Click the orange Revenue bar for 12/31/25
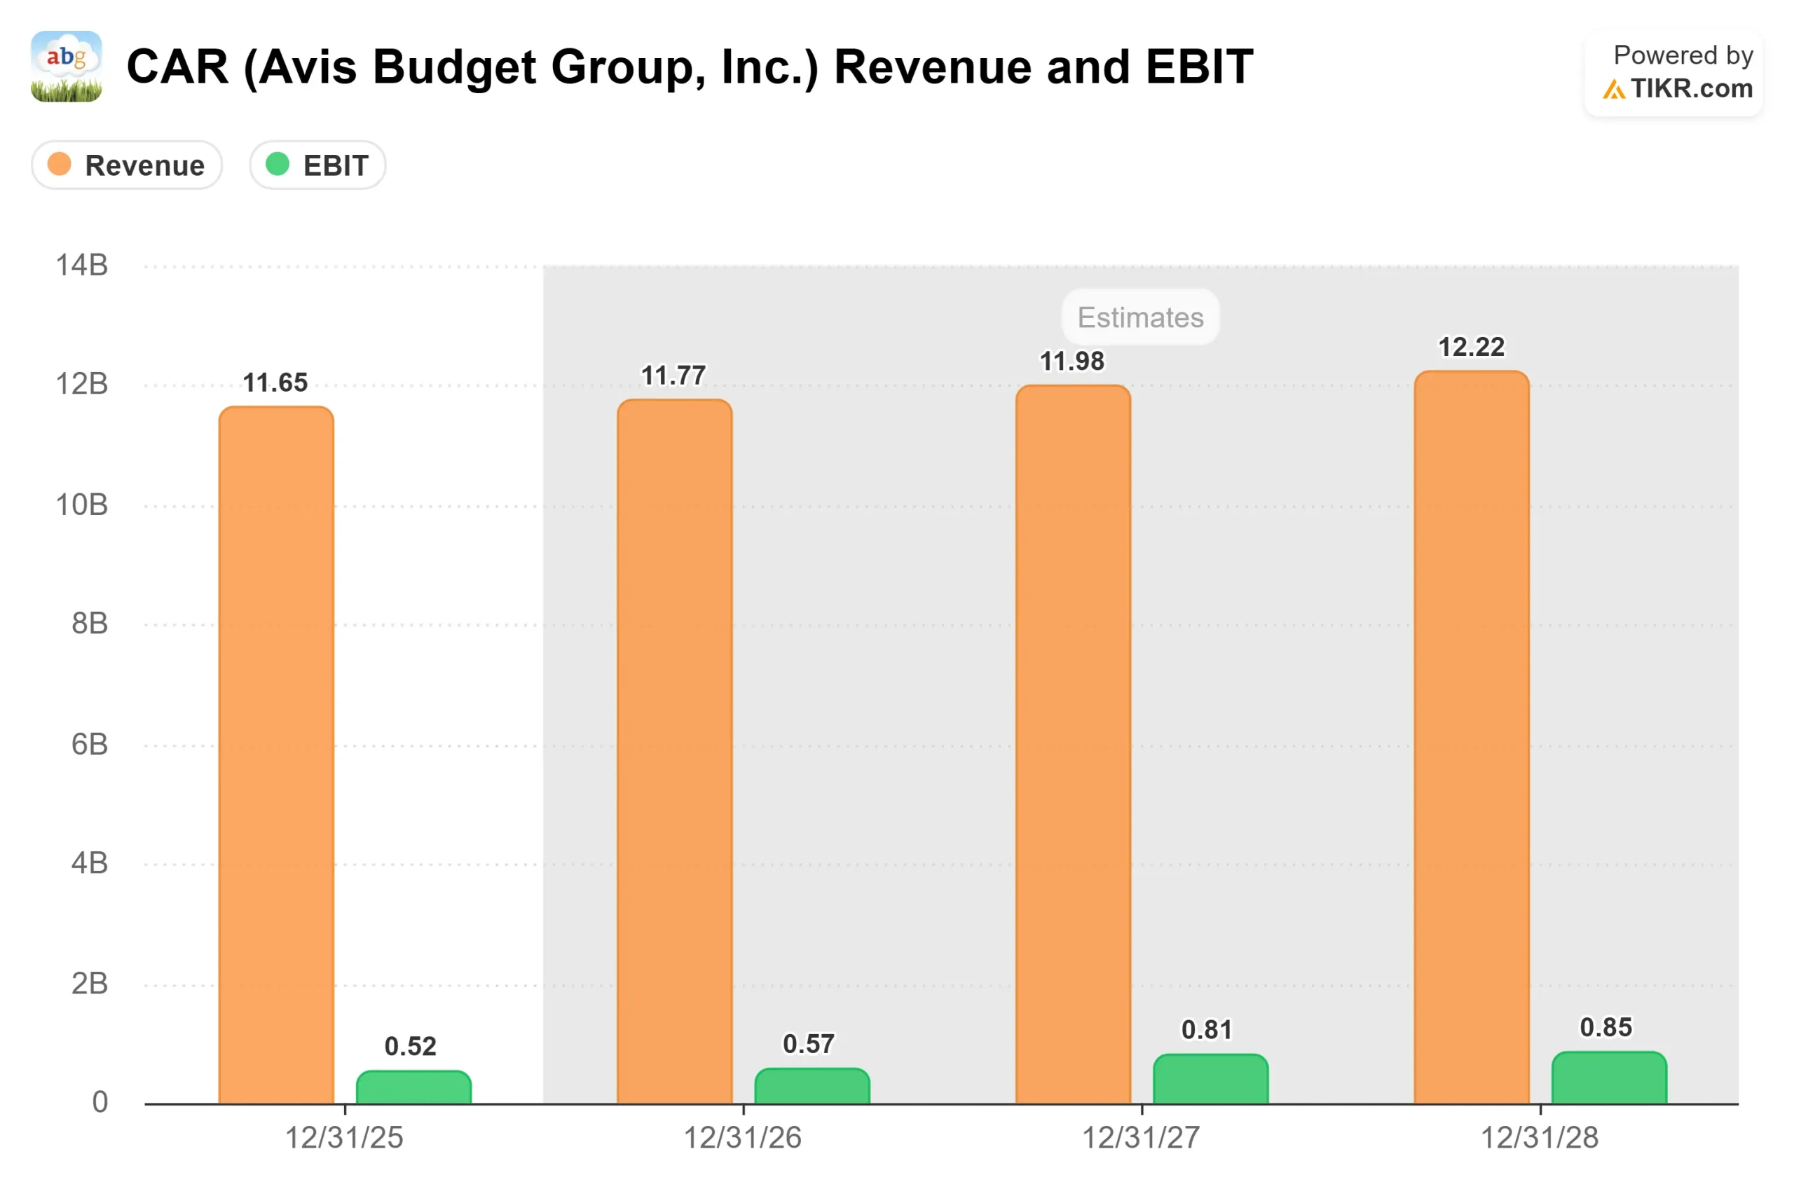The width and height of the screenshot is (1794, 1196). [276, 755]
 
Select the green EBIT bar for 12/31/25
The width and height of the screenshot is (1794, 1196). [413, 1087]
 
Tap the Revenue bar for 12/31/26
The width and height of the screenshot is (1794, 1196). [674, 751]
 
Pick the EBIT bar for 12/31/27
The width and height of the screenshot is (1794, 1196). [1210, 1079]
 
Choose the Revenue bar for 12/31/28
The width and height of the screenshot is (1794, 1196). [1472, 738]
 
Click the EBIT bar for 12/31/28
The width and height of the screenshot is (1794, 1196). [1609, 1078]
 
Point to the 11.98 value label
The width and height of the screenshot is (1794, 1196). [1071, 362]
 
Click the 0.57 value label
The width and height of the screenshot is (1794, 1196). [809, 1043]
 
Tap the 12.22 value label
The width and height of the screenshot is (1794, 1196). [1472, 347]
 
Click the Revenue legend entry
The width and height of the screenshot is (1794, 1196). [127, 165]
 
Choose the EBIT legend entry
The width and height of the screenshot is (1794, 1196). [317, 165]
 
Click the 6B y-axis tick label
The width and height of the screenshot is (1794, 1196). [89, 745]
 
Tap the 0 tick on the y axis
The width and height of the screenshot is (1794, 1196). [100, 1102]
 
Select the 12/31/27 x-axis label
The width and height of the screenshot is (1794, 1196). [1141, 1138]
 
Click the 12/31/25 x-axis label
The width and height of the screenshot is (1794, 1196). [344, 1138]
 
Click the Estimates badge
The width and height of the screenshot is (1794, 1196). [1140, 317]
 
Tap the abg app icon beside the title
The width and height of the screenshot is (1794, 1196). [67, 67]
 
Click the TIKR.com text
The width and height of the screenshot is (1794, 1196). [1691, 89]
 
